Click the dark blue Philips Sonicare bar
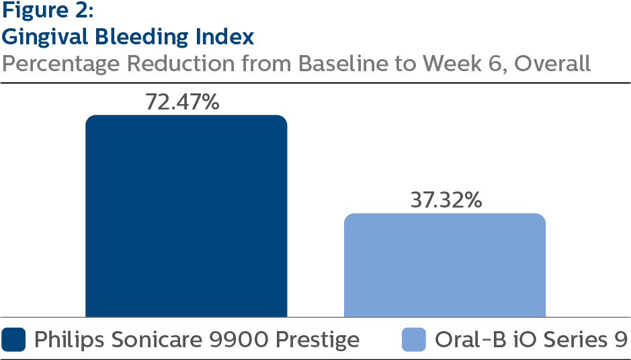[x=186, y=216]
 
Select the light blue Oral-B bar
[x=445, y=265]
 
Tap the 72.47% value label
[x=182, y=102]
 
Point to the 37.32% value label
[x=446, y=200]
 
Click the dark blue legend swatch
[x=13, y=339]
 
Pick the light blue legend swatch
[x=414, y=339]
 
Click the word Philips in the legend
[x=70, y=340]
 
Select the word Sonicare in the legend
[x=157, y=340]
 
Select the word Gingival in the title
[x=45, y=38]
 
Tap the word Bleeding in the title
[x=142, y=38]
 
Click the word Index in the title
[x=225, y=36]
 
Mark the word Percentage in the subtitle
[x=61, y=64]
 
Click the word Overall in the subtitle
[x=552, y=64]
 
